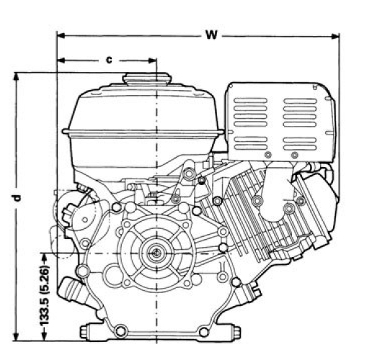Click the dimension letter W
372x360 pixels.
pos(210,34)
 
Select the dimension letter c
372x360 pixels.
pos(109,60)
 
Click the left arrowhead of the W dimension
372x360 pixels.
pos(61,34)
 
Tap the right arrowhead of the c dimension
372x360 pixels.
pos(152,60)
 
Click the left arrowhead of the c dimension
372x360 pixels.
pos(61,60)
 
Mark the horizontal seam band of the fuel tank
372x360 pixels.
pos(144,132)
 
